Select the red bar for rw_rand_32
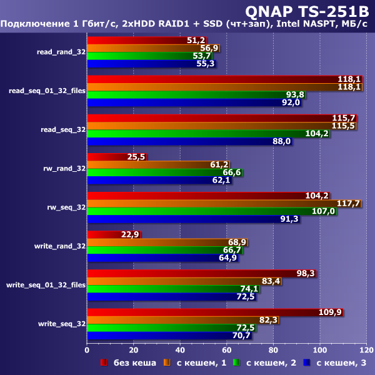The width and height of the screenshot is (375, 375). (x=116, y=157)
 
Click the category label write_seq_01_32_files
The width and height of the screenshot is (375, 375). (x=46, y=285)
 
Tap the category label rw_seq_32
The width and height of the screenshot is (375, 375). (x=66, y=207)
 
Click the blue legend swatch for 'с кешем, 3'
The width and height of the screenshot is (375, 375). (x=307, y=362)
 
